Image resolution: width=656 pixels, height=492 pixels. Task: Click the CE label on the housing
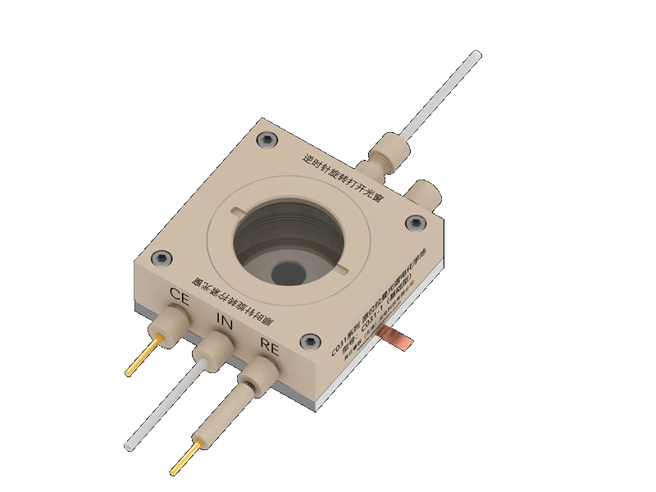pyautogui.click(x=180, y=297)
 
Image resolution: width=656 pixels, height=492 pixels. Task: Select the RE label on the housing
pyautogui.click(x=270, y=345)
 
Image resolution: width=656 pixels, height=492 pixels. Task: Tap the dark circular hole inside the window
pyautogui.click(x=288, y=271)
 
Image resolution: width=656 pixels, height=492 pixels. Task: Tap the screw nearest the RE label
pyautogui.click(x=307, y=342)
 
